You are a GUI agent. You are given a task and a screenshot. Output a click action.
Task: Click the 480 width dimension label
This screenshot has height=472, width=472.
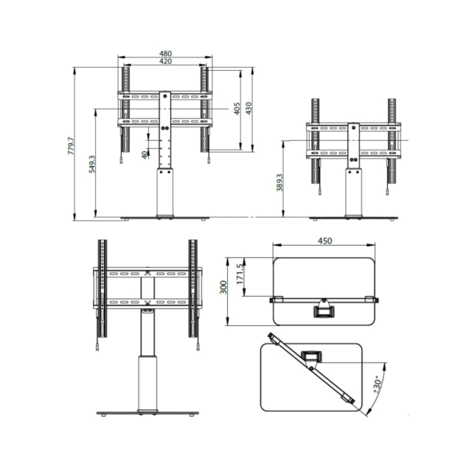pyautogui.click(x=165, y=53)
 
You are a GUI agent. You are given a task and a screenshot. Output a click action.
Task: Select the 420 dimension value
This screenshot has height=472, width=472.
pyautogui.click(x=165, y=61)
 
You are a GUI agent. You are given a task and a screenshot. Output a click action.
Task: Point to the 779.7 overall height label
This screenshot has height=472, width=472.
pyautogui.click(x=71, y=146)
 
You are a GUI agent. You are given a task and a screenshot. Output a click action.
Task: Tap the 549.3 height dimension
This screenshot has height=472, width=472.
pyautogui.click(x=92, y=164)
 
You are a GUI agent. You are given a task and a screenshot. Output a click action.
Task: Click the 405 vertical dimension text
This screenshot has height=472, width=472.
pyautogui.click(x=237, y=108)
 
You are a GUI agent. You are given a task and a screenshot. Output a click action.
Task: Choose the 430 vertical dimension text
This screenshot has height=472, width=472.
pyautogui.click(x=249, y=108)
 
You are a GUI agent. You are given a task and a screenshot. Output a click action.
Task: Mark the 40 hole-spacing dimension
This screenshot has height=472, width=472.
pyautogui.click(x=145, y=155)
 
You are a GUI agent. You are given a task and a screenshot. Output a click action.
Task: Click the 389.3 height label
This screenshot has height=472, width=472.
pyautogui.click(x=280, y=182)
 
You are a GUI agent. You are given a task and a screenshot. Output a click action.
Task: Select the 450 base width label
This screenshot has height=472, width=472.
pyautogui.click(x=324, y=241)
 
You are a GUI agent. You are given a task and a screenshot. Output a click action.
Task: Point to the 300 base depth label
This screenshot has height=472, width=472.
pyautogui.click(x=223, y=287)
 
